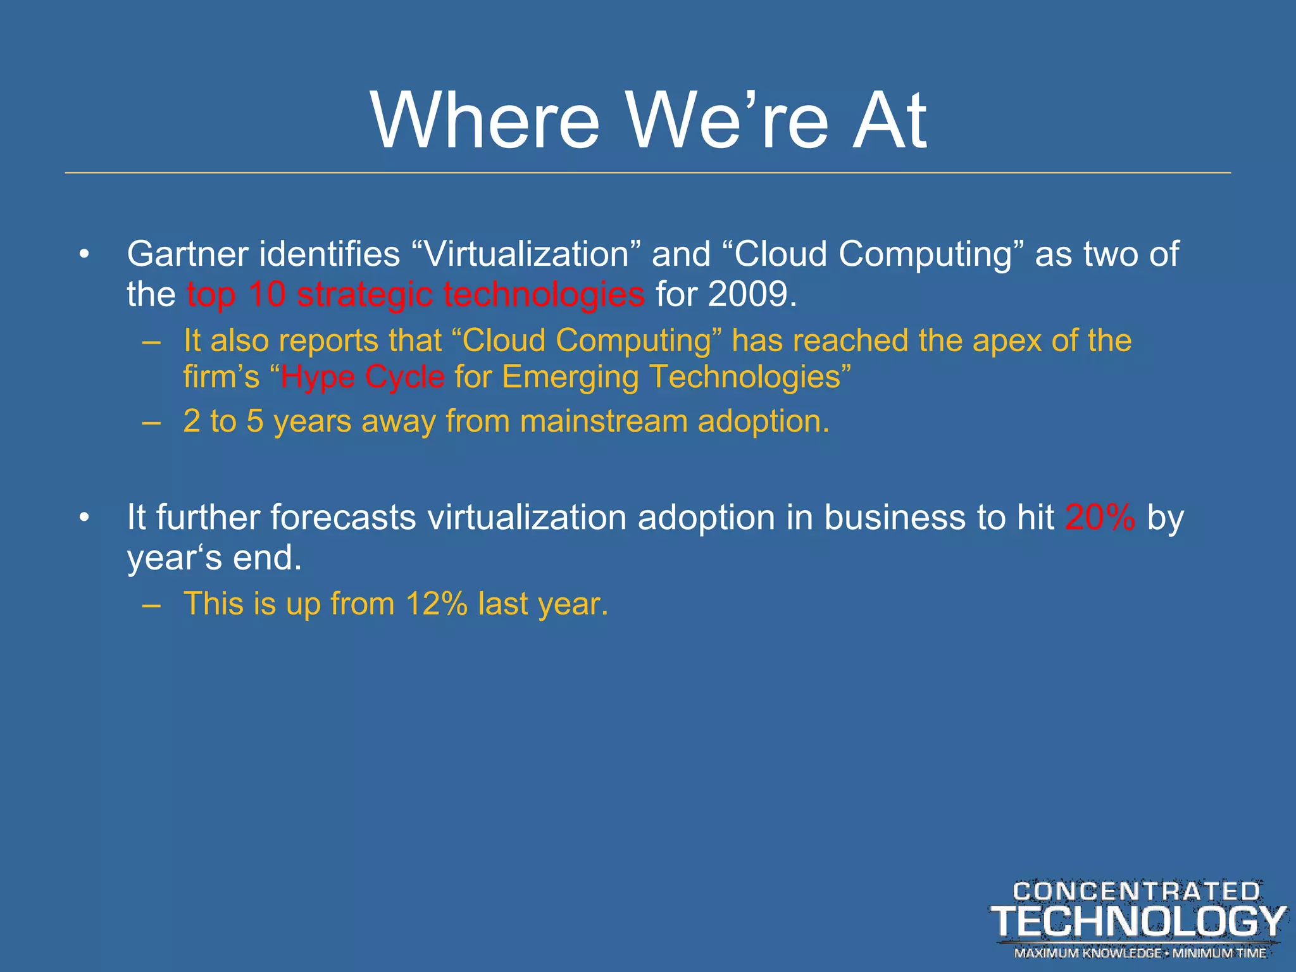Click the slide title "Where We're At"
[648, 120]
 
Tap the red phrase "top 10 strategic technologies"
[416, 295]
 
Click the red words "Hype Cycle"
[363, 377]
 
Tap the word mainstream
[603, 421]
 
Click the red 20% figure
[1100, 518]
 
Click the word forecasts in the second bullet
[343, 518]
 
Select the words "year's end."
[214, 558]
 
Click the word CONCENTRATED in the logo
[1137, 892]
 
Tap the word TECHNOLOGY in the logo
[1138, 921]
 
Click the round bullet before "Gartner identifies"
[84, 255]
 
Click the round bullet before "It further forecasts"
[84, 518]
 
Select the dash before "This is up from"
[151, 604]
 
